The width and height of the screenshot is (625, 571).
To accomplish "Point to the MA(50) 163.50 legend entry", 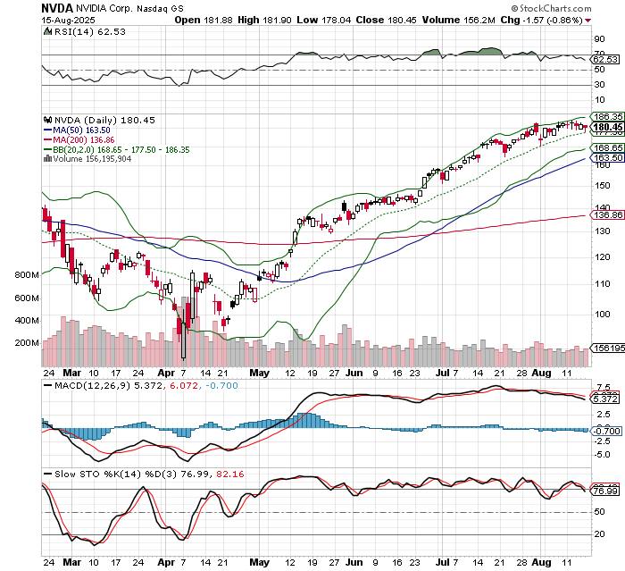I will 83,129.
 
